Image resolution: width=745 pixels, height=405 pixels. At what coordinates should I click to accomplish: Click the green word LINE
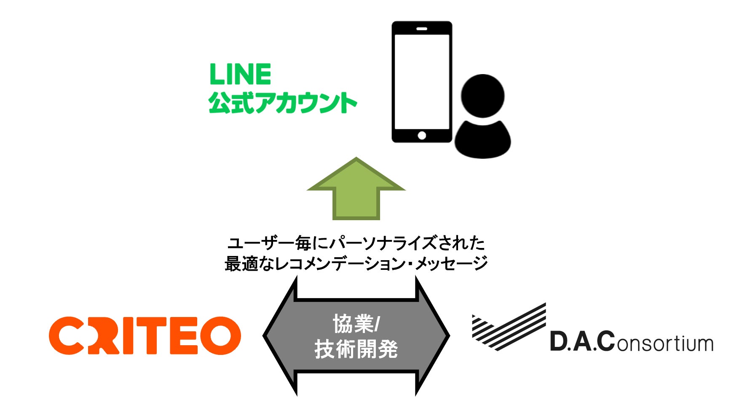pos(240,75)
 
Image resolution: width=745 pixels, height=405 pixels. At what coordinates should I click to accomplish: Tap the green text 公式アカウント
pos(282,103)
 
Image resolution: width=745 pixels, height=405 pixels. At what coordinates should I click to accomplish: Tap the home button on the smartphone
pos(421,136)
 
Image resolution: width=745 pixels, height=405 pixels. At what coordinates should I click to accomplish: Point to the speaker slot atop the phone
pos(422,29)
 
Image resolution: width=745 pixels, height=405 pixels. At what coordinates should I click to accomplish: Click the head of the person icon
pos(482,96)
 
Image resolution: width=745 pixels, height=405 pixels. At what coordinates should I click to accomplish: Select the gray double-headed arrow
pos(356,336)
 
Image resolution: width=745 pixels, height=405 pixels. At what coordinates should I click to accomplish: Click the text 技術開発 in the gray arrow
pos(356,349)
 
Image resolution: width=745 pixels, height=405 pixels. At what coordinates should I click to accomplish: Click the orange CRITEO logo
pos(145,336)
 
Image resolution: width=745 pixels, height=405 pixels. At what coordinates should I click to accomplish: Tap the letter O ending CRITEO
pos(220,336)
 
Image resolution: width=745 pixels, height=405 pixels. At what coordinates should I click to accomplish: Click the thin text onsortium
pos(665,343)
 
